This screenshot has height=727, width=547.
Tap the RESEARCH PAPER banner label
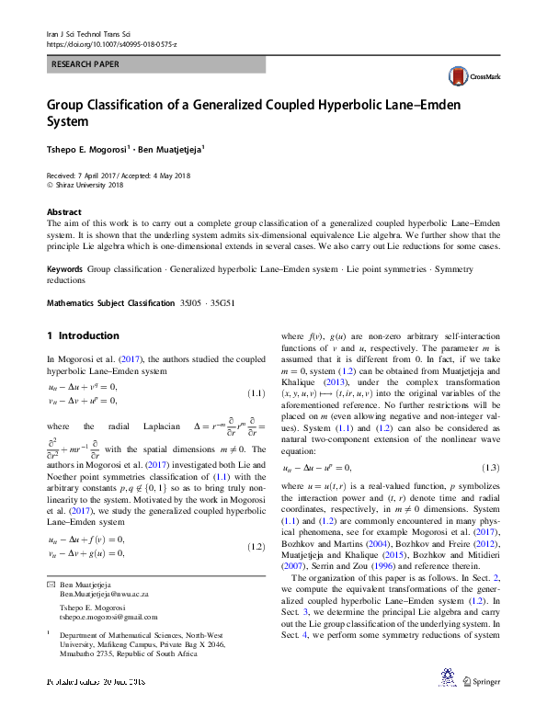click(x=86, y=64)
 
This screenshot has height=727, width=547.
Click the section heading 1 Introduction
click(x=83, y=335)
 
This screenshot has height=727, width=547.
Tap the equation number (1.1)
click(x=253, y=392)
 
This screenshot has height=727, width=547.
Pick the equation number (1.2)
click(x=253, y=547)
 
